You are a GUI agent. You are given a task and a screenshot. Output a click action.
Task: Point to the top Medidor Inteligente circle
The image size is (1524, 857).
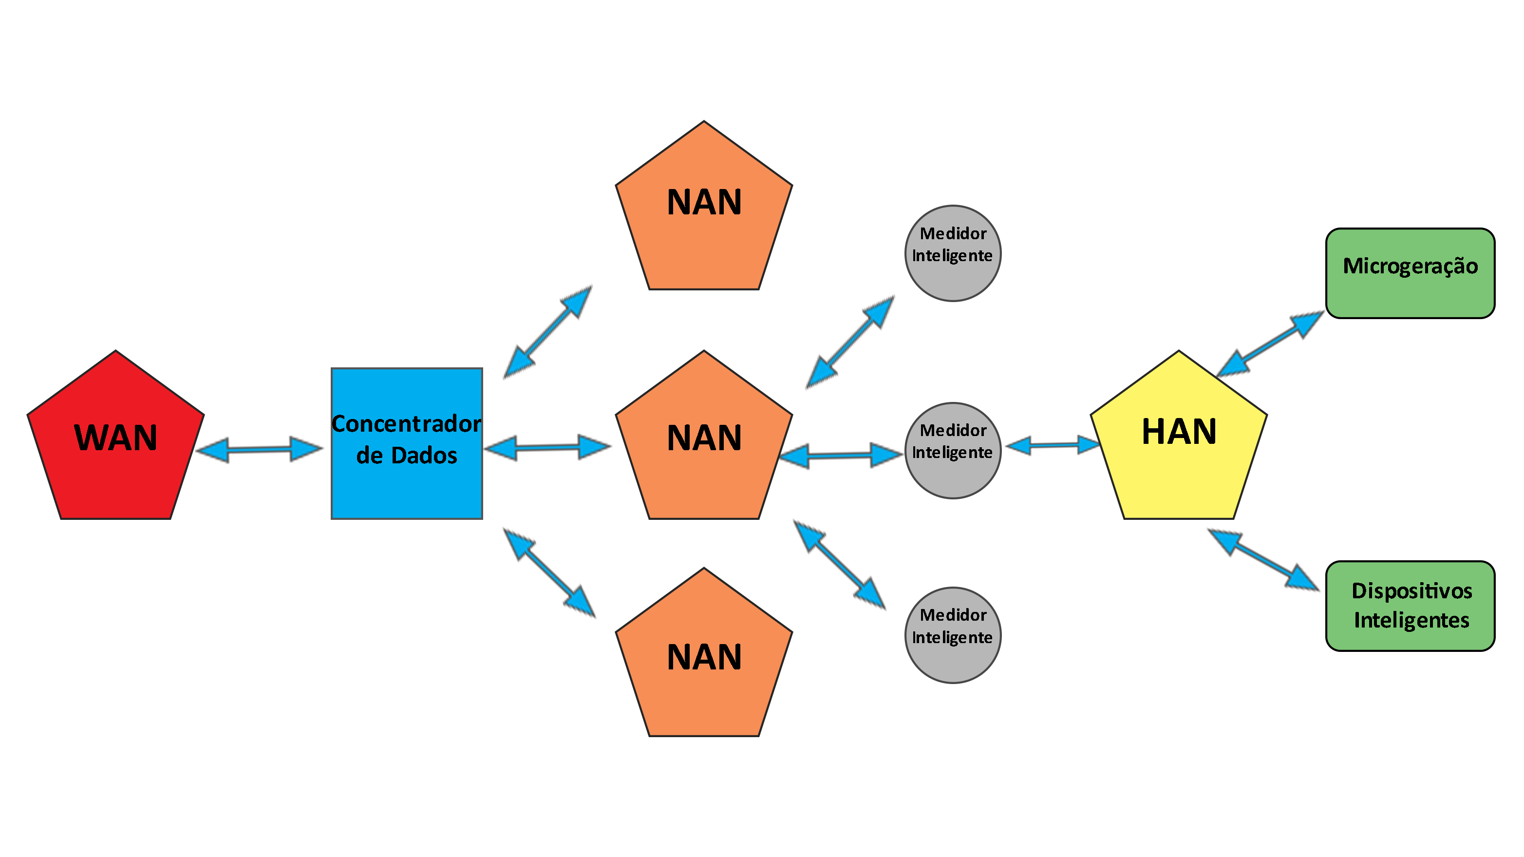[953, 253]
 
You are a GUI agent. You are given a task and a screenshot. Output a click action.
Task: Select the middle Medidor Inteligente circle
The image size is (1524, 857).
[953, 450]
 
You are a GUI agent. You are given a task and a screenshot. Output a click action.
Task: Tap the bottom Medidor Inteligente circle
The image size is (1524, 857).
[953, 635]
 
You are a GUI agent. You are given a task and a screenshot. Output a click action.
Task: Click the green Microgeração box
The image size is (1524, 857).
[1410, 273]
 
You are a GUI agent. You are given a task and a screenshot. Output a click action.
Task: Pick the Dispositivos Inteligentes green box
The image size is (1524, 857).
[1410, 606]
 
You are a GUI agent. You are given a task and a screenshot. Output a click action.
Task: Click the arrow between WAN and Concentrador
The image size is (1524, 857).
[260, 450]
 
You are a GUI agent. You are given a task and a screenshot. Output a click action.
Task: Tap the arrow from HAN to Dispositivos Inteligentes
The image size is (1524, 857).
[1263, 559]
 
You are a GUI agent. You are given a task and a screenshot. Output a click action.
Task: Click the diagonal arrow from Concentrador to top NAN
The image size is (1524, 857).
[547, 331]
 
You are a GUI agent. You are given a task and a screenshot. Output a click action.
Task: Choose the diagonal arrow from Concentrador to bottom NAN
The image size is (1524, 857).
[549, 572]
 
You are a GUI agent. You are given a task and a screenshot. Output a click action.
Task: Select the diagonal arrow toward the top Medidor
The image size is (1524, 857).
[849, 342]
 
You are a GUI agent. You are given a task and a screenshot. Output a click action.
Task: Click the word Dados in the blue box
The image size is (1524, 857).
[424, 456]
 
